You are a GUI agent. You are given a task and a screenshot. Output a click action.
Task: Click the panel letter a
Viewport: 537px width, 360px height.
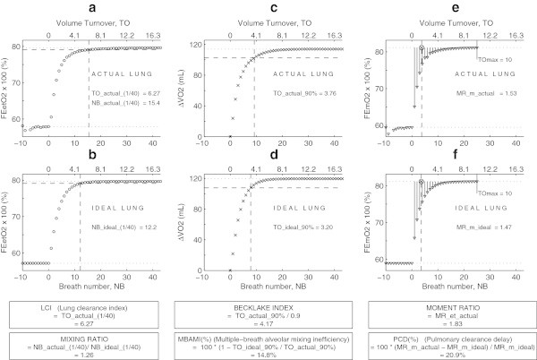coord(91,8)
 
